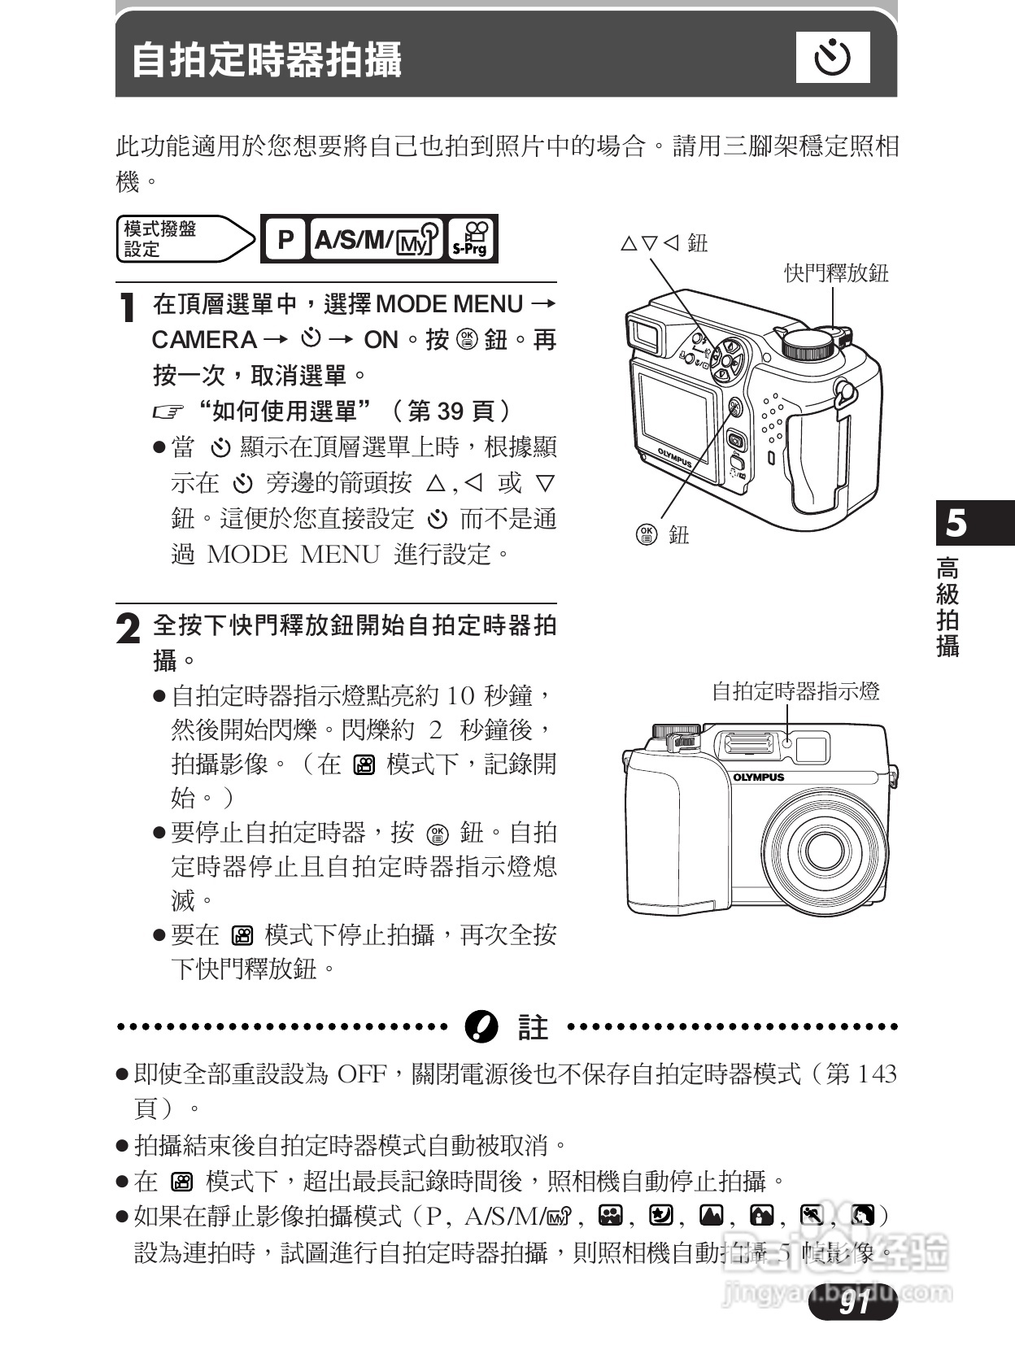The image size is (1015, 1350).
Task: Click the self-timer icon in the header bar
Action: tap(833, 58)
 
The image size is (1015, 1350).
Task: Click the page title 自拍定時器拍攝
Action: tap(267, 60)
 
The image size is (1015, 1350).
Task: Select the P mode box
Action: tap(285, 240)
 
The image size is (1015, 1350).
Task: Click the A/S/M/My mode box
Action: tap(377, 240)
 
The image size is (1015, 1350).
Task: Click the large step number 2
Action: tap(128, 630)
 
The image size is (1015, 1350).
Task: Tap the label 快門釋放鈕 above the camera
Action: tap(836, 273)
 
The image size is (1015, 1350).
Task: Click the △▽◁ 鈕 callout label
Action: tap(664, 243)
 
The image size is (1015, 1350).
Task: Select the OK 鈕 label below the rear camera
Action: tap(662, 534)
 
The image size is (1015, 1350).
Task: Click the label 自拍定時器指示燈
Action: tap(795, 691)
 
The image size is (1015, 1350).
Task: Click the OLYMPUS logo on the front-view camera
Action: tap(758, 777)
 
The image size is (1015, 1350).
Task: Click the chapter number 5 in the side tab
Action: tap(956, 523)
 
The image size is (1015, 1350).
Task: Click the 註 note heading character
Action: tap(533, 1027)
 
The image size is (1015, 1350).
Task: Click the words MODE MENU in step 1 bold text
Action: tap(449, 304)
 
